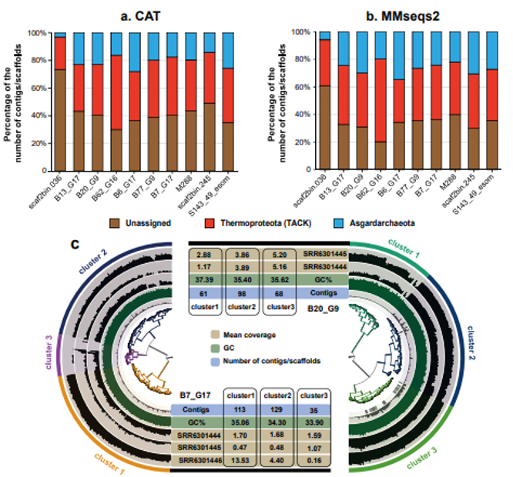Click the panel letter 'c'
click(x=75, y=244)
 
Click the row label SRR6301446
click(x=197, y=459)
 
